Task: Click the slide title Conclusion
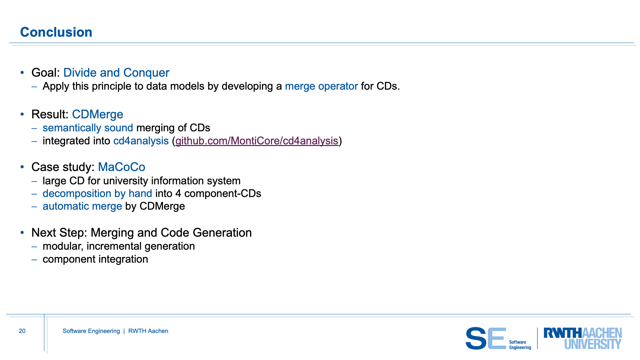(x=56, y=32)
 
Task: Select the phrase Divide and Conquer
(x=116, y=73)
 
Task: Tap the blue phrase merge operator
(x=321, y=86)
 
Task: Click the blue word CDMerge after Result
(x=98, y=114)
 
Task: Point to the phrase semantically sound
(x=88, y=128)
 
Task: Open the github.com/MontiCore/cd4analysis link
(x=257, y=141)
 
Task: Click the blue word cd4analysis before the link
(x=141, y=141)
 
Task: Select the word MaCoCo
(x=122, y=167)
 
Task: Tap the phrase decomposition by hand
(x=97, y=194)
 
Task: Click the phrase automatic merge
(x=82, y=206)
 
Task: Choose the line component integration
(x=95, y=259)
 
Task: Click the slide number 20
(x=22, y=331)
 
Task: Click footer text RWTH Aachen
(x=148, y=331)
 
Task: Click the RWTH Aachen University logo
(x=583, y=338)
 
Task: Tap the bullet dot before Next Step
(x=22, y=232)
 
